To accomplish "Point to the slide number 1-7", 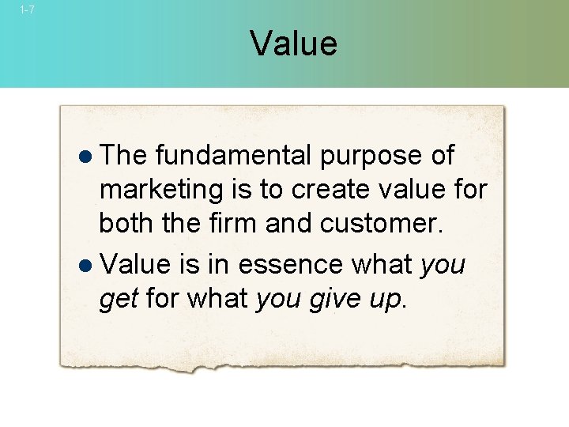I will pos(27,10).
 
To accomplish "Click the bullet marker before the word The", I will pos(86,157).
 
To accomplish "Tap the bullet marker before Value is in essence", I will pos(86,265).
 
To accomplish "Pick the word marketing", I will pos(150,191).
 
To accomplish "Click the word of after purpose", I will pos(442,155).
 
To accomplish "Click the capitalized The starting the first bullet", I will pos(126,155).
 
